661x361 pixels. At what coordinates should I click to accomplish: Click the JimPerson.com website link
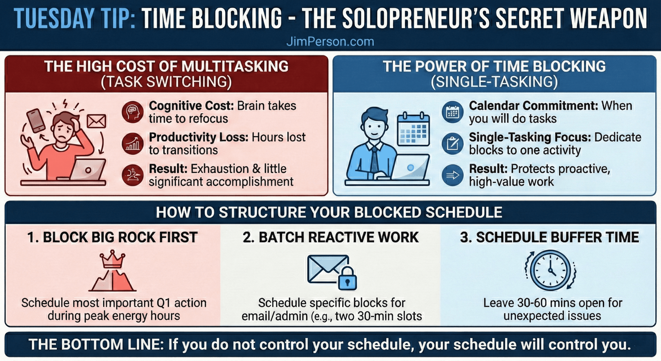(330, 41)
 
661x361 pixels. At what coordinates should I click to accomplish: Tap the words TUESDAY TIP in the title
(75, 18)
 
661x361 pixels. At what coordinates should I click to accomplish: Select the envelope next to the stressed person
(96, 121)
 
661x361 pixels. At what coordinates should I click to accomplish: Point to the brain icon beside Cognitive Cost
(133, 112)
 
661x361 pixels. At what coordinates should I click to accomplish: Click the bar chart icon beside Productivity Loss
(133, 144)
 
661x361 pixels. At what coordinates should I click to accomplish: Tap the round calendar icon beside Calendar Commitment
(452, 112)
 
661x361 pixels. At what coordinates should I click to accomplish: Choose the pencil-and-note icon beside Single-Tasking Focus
(452, 144)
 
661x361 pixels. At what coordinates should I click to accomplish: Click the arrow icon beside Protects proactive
(452, 175)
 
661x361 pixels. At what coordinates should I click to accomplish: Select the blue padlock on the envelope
(348, 279)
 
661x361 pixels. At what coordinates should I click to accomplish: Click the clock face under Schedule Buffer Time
(550, 270)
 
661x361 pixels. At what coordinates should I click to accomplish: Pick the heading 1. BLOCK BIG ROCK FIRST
(113, 237)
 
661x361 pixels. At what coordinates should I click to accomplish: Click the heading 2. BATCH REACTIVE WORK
(331, 237)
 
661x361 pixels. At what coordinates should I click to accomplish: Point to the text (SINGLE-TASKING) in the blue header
(494, 82)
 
